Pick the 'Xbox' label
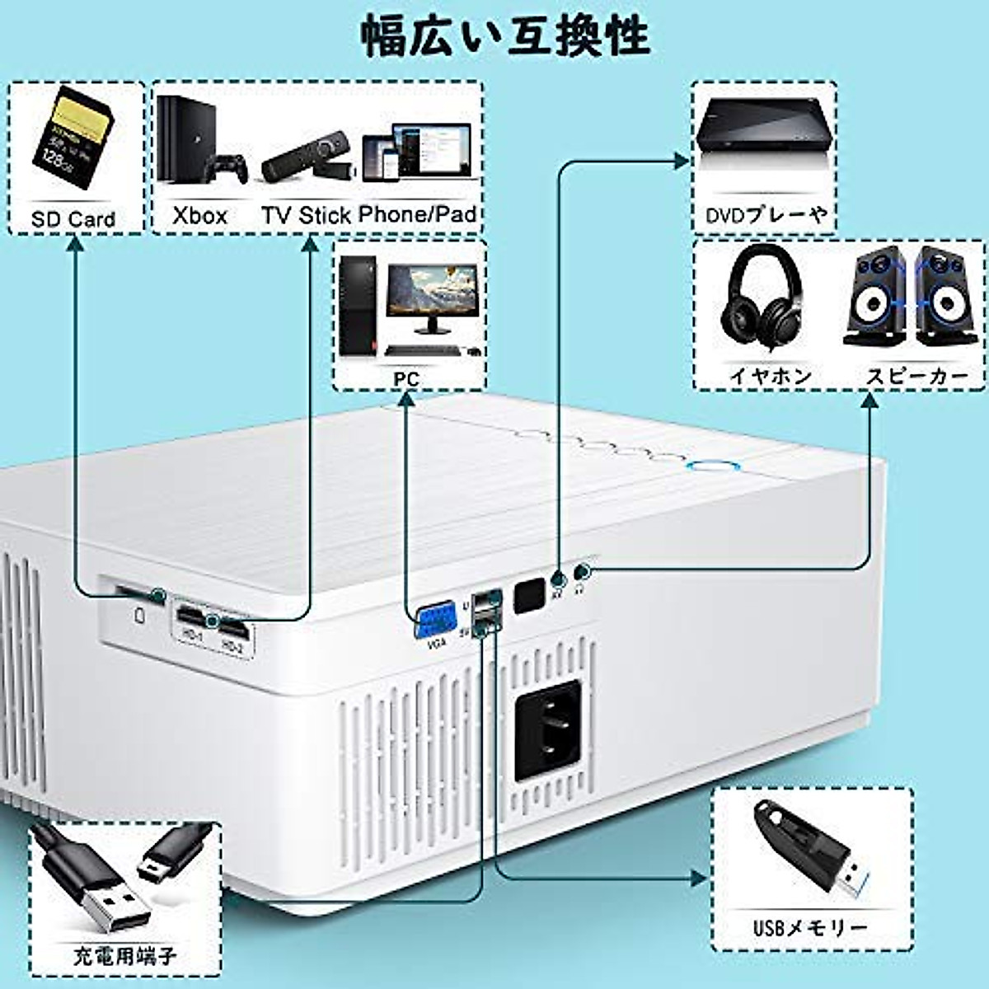(x=199, y=216)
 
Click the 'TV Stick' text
(x=307, y=216)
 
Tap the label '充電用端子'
(x=124, y=956)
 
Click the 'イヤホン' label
(x=771, y=376)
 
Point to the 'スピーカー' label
(x=916, y=376)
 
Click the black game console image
(x=177, y=140)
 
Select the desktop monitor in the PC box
(x=432, y=297)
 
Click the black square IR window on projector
(x=529, y=597)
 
